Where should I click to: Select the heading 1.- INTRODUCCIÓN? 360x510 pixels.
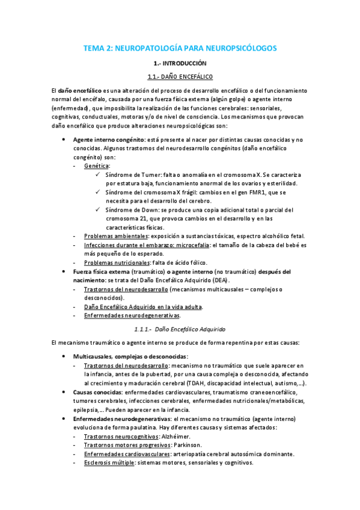tap(180, 63)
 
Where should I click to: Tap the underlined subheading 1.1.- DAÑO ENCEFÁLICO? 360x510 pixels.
tap(180, 76)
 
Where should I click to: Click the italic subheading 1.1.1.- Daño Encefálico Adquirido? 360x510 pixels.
tap(180, 329)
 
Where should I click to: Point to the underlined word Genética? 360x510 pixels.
tap(97, 165)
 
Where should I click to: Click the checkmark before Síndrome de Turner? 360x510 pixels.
tap(99, 174)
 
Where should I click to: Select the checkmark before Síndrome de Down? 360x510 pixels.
tap(99, 210)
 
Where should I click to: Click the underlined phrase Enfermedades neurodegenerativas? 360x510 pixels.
tap(132, 315)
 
